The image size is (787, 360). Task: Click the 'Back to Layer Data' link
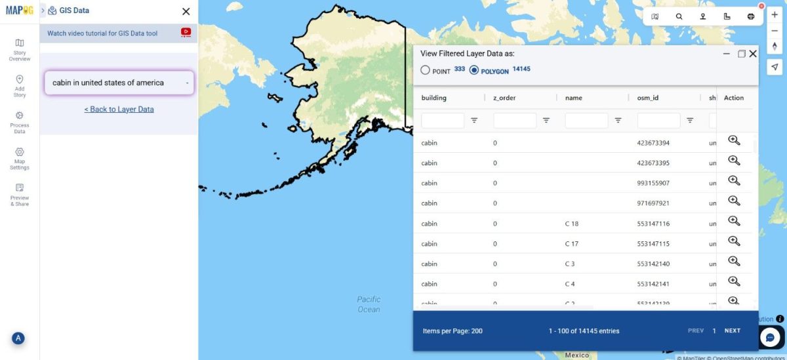[119, 110]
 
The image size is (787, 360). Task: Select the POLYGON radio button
[474, 70]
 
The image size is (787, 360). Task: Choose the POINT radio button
[425, 70]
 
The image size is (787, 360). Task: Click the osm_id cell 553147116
[653, 224]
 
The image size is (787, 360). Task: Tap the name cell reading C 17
[571, 244]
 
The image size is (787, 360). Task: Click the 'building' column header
[434, 98]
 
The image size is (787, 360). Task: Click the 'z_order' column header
[504, 98]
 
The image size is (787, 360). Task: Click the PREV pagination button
[695, 330]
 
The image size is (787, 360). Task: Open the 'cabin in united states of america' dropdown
[119, 83]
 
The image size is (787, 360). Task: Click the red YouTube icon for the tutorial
[186, 32]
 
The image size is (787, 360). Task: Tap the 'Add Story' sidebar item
[20, 86]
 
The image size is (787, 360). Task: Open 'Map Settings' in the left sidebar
[20, 159]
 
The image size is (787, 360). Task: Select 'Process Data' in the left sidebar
[20, 123]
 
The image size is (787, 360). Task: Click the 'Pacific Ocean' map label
[369, 304]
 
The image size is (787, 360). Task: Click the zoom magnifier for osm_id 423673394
[734, 140]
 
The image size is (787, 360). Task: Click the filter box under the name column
[586, 121]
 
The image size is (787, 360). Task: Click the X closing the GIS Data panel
[186, 11]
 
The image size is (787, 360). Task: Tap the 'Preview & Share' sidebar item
[20, 195]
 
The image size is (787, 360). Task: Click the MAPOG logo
[19, 10]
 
